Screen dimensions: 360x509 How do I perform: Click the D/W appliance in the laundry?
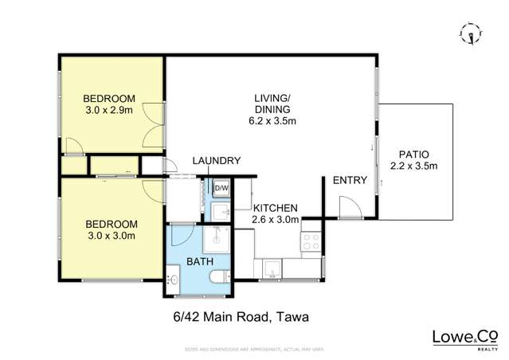tap(221, 188)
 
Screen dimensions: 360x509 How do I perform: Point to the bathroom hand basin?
tap(174, 278)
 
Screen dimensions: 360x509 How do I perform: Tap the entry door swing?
tap(347, 208)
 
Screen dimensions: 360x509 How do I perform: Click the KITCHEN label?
tap(275, 207)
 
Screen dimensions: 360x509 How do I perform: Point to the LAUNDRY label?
tap(216, 161)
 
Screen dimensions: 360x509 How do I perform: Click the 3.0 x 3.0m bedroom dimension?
tap(110, 235)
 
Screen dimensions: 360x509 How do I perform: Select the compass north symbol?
tap(471, 33)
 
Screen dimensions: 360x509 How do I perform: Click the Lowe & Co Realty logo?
tap(464, 338)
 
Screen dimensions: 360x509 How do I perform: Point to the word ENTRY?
tap(350, 181)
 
